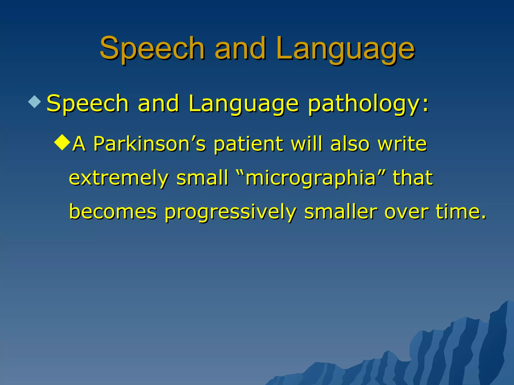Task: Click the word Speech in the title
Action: click(152, 48)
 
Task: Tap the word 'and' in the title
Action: click(240, 48)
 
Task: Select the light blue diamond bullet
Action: click(35, 102)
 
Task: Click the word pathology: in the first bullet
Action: click(368, 104)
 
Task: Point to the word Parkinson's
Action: click(149, 144)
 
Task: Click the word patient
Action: click(248, 144)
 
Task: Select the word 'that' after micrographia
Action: click(413, 178)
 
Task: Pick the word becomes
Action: click(113, 212)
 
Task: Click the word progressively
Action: click(230, 212)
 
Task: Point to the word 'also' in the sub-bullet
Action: click(350, 144)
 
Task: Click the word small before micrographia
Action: click(202, 178)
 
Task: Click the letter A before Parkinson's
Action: click(79, 144)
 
